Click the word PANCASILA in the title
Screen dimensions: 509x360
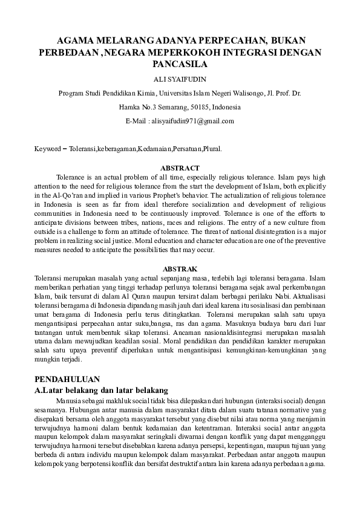click(180, 63)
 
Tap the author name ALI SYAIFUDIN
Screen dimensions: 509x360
click(180, 79)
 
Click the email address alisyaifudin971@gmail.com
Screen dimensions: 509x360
click(190, 121)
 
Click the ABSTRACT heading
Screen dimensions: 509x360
click(180, 168)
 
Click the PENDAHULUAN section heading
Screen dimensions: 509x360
click(67, 379)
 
